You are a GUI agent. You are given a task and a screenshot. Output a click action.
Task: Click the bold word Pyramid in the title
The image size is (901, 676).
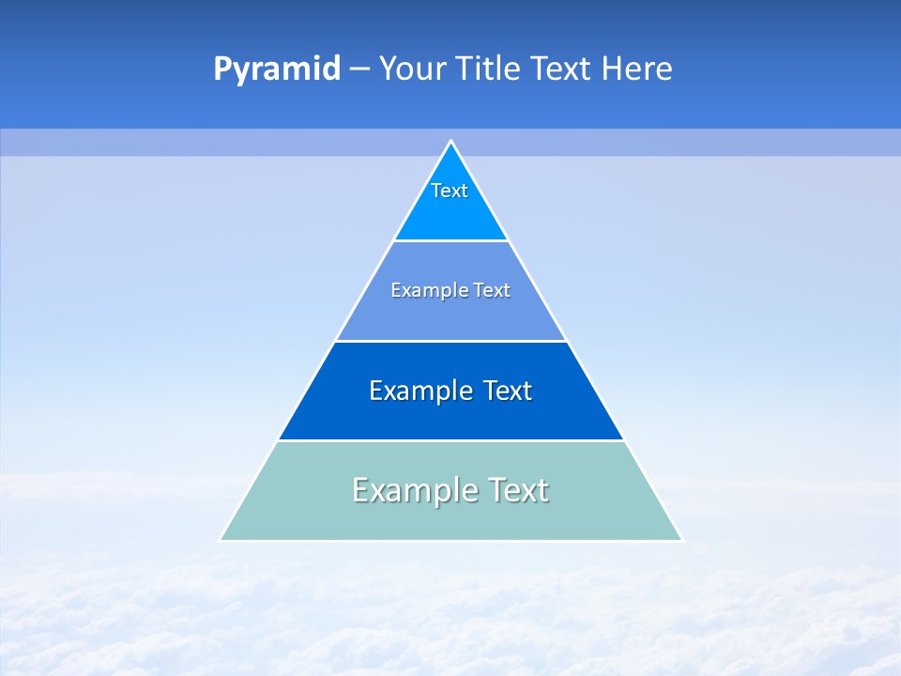point(276,69)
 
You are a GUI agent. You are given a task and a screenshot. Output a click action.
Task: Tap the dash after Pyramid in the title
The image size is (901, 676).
point(359,69)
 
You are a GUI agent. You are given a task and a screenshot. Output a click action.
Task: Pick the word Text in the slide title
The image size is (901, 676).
point(562,69)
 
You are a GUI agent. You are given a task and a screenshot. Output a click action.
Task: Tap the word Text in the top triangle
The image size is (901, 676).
point(450,191)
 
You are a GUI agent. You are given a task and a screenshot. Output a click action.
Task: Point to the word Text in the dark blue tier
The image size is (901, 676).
point(508,391)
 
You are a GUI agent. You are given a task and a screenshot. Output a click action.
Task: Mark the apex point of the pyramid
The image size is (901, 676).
point(450,142)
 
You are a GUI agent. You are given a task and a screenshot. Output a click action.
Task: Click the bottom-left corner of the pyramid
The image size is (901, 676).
point(221,540)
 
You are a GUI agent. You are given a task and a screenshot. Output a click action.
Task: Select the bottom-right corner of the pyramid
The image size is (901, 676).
point(681,540)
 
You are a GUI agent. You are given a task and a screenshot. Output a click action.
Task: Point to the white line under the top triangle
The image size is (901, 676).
point(450,241)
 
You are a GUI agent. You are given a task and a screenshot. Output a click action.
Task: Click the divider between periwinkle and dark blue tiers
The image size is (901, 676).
point(450,341)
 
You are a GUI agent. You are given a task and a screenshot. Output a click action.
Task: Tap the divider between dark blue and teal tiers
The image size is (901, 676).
point(450,440)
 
